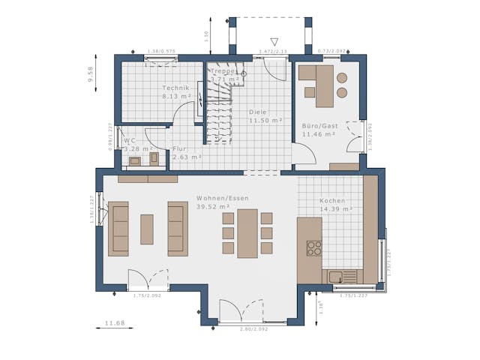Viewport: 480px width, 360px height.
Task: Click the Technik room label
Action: [x=176, y=88]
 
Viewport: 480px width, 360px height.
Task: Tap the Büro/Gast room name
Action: [x=319, y=126]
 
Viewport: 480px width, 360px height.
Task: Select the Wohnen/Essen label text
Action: [x=223, y=198]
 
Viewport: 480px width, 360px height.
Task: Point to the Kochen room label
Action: [x=332, y=201]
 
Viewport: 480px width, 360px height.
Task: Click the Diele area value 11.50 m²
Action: [x=265, y=120]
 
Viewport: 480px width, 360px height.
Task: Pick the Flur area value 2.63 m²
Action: [x=187, y=157]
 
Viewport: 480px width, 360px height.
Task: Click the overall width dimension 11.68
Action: [x=114, y=323]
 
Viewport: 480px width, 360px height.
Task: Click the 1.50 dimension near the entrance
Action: [x=205, y=35]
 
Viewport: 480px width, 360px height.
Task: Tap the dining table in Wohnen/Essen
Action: [x=247, y=233]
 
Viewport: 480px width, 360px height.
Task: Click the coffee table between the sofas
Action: [x=147, y=229]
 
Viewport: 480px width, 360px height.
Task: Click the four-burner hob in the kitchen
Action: [x=314, y=248]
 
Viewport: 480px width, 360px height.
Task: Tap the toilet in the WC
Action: [x=154, y=158]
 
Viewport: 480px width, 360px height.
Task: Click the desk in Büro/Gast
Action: [x=324, y=85]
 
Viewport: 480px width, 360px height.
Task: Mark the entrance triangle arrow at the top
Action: [x=274, y=42]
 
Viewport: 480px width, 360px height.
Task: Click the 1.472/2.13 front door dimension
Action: [x=273, y=51]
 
